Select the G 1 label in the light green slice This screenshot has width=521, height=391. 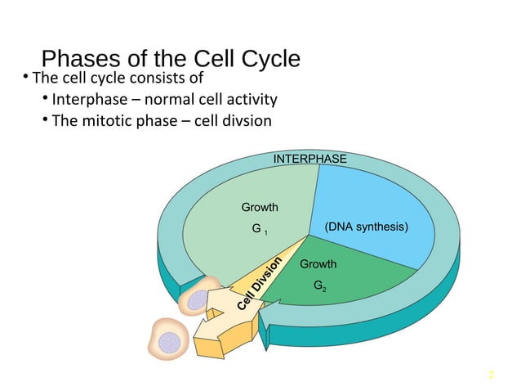(260, 230)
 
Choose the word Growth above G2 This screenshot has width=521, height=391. (318, 264)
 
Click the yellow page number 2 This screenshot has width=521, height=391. (491, 375)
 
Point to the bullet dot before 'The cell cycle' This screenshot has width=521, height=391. (25, 79)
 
